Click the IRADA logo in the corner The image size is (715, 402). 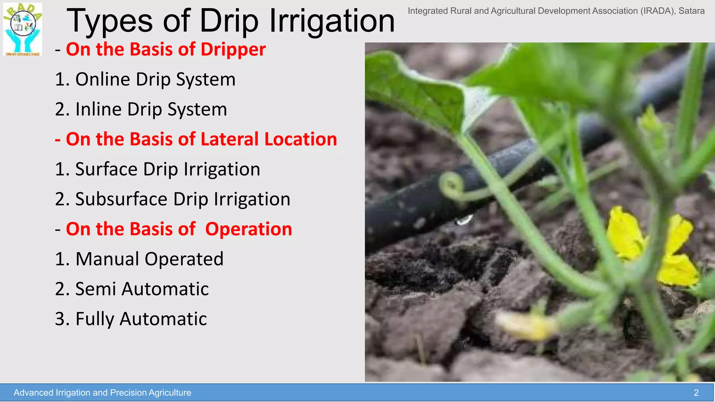coord(23,29)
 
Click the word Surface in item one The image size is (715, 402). coord(106,169)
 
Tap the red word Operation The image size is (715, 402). coord(248,229)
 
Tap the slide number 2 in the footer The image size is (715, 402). coord(696,393)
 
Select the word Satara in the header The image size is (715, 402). coord(691,11)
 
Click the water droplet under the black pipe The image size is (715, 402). coord(465,220)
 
